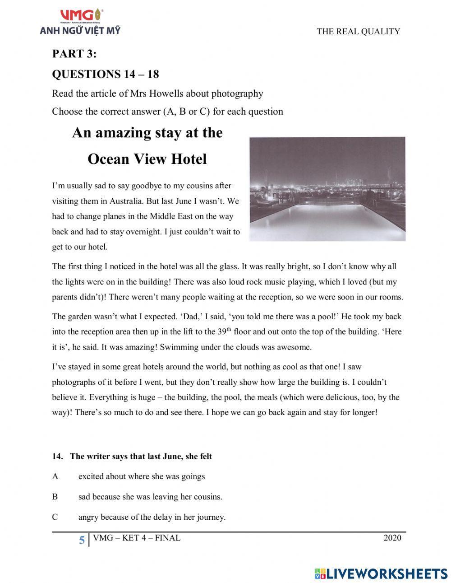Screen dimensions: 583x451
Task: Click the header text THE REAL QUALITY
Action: coord(358,32)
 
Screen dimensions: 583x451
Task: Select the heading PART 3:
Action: coord(74,54)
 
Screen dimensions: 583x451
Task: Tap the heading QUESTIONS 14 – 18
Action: coord(106,74)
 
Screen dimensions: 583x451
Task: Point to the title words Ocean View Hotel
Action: coord(147,159)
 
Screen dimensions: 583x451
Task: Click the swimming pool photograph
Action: coord(327,189)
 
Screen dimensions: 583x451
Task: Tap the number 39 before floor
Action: coord(222,332)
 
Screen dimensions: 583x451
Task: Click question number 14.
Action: coord(57,457)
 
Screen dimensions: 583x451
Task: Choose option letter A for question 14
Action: coord(55,476)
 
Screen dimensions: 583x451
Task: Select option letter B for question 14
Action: coord(55,497)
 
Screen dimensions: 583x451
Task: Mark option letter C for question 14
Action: coord(55,517)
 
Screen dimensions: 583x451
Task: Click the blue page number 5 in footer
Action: coord(82,540)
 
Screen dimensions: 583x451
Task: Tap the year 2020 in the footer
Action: coord(392,538)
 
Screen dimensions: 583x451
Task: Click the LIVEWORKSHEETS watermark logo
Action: coord(381,574)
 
